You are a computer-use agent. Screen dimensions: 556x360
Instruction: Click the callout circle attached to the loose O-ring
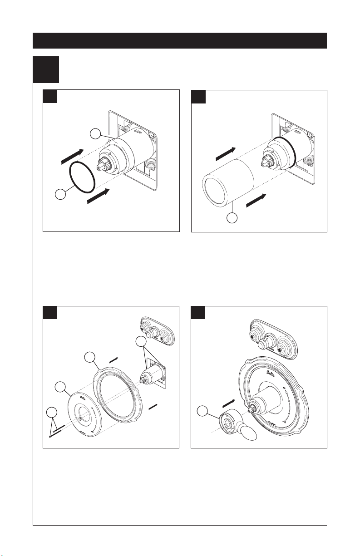click(x=58, y=195)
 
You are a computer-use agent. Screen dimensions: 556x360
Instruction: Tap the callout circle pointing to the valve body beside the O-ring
click(x=94, y=133)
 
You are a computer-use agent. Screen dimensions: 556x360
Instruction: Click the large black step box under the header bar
click(x=46, y=69)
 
